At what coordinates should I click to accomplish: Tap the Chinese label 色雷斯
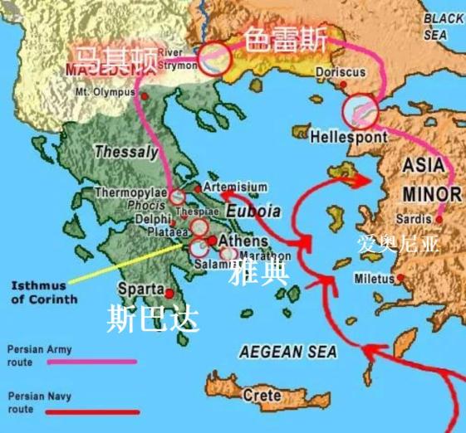tap(285, 38)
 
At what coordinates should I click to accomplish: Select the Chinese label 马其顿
tap(111, 59)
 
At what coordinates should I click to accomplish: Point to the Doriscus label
tap(340, 73)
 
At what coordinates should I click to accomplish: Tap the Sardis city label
tap(414, 219)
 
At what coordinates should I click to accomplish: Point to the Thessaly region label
tap(125, 152)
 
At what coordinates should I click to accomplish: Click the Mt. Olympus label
tap(104, 92)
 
